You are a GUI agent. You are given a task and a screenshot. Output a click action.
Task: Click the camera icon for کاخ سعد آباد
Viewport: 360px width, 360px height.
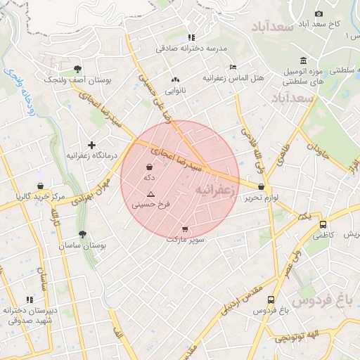click(x=319, y=13)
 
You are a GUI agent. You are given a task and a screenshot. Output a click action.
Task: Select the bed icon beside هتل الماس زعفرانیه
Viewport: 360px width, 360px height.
click(x=233, y=67)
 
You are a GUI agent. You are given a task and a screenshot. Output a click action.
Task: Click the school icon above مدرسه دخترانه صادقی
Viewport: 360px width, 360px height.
click(x=191, y=37)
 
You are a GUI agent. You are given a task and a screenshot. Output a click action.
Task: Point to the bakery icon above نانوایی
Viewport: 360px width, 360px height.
click(x=174, y=80)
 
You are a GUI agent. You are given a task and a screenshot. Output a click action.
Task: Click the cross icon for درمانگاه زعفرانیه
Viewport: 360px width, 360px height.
click(x=91, y=144)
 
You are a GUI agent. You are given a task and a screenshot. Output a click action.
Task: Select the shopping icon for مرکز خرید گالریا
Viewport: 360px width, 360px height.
click(x=40, y=186)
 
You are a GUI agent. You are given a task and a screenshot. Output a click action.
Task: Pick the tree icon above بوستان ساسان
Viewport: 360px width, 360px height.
click(x=82, y=234)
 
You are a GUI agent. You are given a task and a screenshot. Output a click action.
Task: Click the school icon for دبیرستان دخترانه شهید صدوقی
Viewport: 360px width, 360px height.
click(x=30, y=300)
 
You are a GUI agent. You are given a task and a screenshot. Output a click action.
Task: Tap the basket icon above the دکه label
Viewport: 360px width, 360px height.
click(x=149, y=167)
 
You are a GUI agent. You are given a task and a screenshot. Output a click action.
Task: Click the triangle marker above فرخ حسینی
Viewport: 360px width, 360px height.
click(x=150, y=193)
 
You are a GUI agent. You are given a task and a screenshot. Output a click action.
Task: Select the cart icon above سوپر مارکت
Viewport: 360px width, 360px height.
click(x=185, y=229)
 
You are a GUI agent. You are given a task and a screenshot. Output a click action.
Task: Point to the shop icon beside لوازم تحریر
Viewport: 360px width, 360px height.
click(x=262, y=187)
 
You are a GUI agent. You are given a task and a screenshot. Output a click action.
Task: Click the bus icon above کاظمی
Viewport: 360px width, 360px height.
click(x=323, y=225)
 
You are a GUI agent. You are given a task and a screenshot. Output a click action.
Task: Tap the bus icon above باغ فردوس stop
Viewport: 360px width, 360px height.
click(x=271, y=300)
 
